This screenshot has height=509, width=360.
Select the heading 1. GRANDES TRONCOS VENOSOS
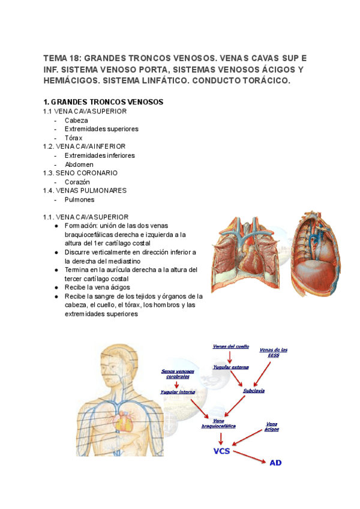[x=103, y=102]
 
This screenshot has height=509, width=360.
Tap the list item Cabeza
[x=76, y=120]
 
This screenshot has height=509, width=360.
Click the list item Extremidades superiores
[x=101, y=128]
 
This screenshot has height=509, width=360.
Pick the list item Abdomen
[x=79, y=164]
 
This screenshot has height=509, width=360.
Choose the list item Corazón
[x=77, y=182]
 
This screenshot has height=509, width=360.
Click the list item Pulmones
[x=80, y=199]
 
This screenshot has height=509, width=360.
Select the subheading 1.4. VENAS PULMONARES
[x=85, y=190]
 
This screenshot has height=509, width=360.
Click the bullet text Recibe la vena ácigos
[x=97, y=288]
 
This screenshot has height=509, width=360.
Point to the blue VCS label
[x=221, y=451]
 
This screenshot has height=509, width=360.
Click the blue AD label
[x=275, y=463]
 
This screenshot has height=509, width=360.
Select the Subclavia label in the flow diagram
[x=254, y=391]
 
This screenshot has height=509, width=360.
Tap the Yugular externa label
[x=230, y=367]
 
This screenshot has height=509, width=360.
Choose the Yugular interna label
[x=178, y=392]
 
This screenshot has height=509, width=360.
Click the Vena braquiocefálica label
[x=218, y=423]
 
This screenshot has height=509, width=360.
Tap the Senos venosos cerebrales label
[x=178, y=374]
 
